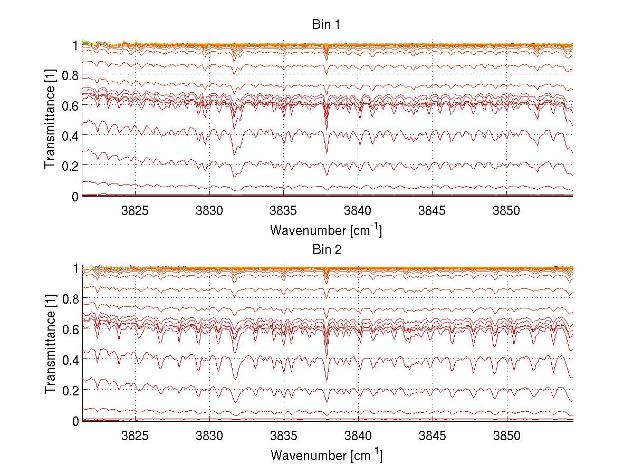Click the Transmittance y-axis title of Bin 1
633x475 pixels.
[50, 120]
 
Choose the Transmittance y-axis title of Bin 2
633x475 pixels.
[50, 345]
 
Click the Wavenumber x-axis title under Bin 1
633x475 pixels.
[326, 230]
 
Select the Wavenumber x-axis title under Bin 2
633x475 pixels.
[326, 455]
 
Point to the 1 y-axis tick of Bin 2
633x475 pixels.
[76, 268]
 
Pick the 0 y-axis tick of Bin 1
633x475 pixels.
[76, 196]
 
